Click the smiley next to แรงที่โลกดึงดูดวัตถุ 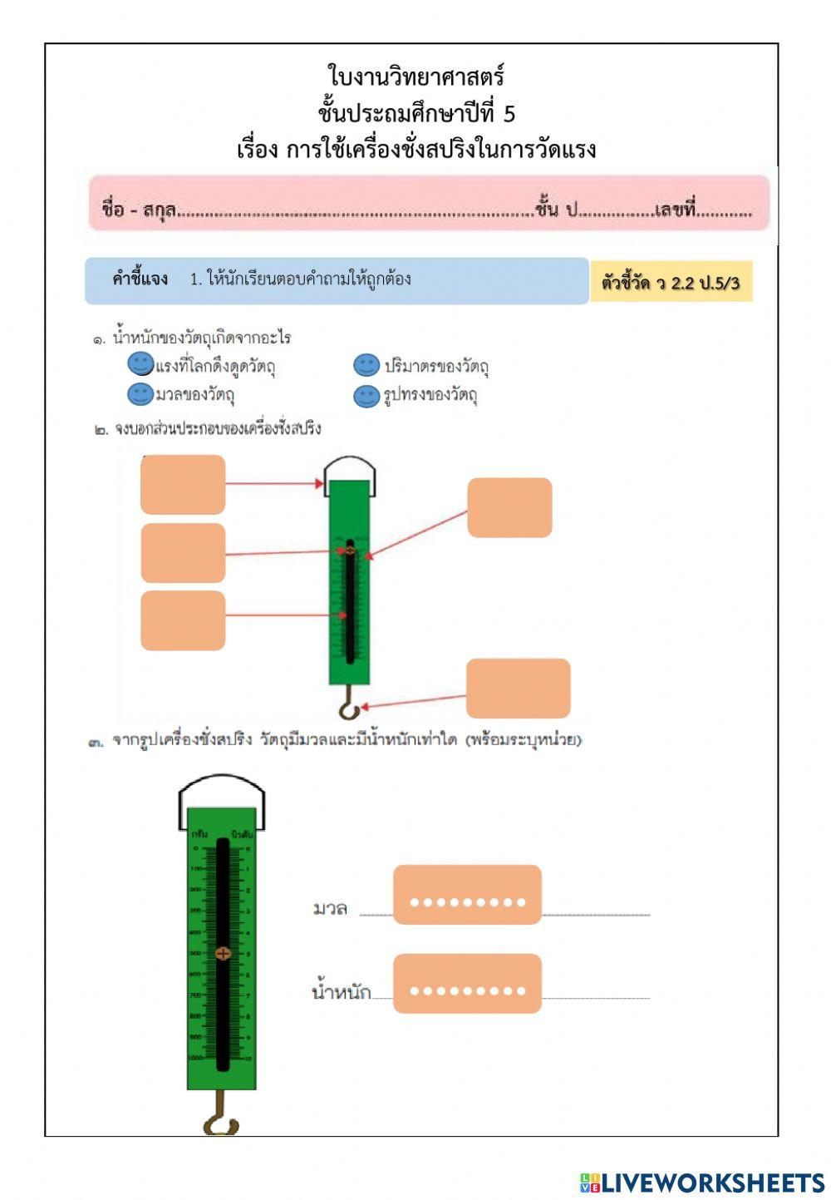(x=140, y=363)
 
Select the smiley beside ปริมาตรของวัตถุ (x=366, y=365)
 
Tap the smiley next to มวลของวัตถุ (x=140, y=393)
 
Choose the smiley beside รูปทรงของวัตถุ (x=366, y=396)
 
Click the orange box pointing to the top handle (x=183, y=484)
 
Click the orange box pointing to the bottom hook (x=518, y=689)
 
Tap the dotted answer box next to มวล (x=467, y=895)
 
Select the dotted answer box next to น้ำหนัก (x=467, y=984)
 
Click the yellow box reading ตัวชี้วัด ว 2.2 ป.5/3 (x=671, y=282)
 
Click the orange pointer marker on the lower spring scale (x=223, y=953)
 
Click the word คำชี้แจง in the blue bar (x=140, y=279)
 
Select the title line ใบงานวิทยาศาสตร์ (x=416, y=77)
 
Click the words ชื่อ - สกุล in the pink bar (x=138, y=209)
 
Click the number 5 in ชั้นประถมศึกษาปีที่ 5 (x=509, y=114)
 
